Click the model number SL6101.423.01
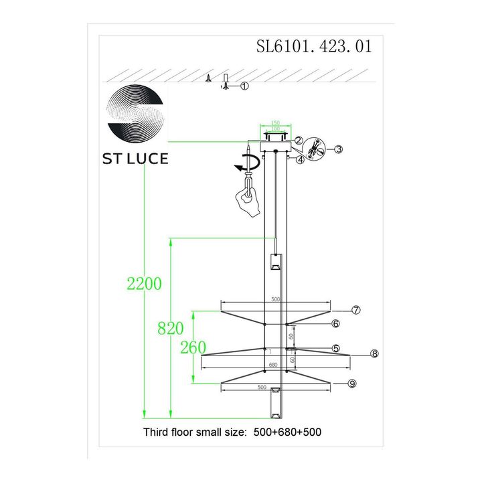pyautogui.click(x=313, y=47)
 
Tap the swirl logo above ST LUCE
pyautogui.click(x=136, y=113)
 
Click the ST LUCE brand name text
pyautogui.click(x=135, y=159)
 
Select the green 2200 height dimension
pyautogui.click(x=144, y=283)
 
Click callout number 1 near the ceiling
pyautogui.click(x=244, y=86)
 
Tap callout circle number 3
pyautogui.click(x=339, y=149)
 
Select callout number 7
pyautogui.click(x=356, y=310)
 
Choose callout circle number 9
pyautogui.click(x=352, y=383)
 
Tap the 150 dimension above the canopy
pyautogui.click(x=275, y=124)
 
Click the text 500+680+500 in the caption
pyautogui.click(x=288, y=432)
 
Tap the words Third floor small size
pyautogui.click(x=194, y=432)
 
